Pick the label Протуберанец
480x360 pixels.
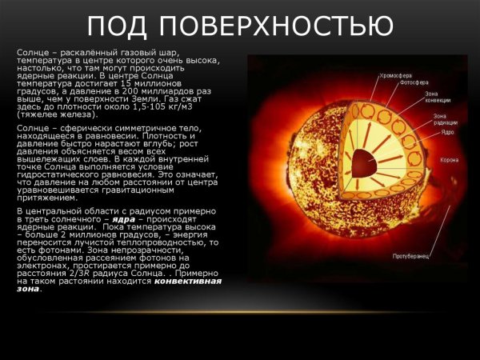(412, 257)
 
